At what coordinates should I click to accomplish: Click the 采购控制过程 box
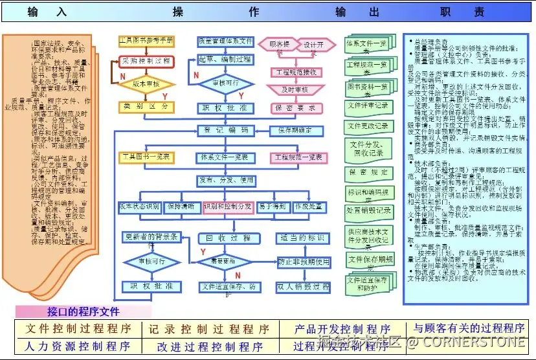(146, 61)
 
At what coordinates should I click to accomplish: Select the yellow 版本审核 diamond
(147, 84)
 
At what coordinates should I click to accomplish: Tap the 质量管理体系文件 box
(225, 41)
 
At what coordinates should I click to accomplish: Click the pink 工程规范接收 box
(297, 72)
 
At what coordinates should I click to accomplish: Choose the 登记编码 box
(225, 130)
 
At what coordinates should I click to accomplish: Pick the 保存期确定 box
(296, 130)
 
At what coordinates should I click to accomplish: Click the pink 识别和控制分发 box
(227, 207)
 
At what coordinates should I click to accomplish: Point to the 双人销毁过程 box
(304, 286)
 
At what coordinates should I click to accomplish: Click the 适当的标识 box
(304, 238)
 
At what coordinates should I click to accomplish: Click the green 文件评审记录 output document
(368, 106)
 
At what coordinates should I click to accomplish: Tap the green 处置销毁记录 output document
(368, 210)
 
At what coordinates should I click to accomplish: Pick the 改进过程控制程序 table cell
(207, 346)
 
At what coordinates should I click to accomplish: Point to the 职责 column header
(462, 12)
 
